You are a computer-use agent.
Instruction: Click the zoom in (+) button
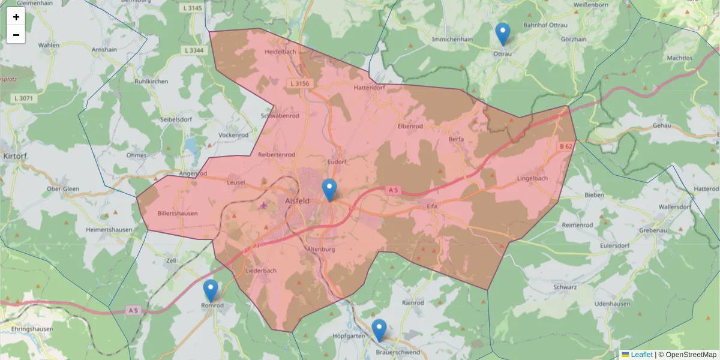pos(16,17)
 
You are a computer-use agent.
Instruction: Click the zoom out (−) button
pos(16,35)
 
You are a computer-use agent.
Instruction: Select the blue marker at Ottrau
pos(503,34)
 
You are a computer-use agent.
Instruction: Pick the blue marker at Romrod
pos(211,290)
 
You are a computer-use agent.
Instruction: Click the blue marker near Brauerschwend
pos(379,330)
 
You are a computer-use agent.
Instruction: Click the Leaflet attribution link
pos(641,355)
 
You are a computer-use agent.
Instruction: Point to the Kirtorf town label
pos(13,155)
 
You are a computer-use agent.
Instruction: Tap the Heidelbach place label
pos(280,52)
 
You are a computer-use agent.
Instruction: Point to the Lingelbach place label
pos(532,179)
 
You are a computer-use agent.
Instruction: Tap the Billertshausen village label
pos(177,213)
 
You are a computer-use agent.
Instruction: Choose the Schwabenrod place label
pos(280,115)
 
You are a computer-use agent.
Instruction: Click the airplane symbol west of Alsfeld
pos(263,205)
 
